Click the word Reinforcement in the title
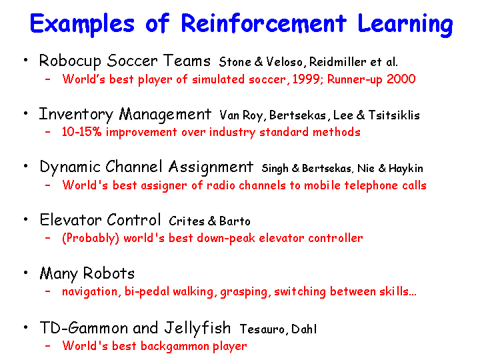tap(263, 23)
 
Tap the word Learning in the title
tap(405, 25)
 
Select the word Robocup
tap(70, 61)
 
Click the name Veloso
tap(285, 62)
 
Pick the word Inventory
tap(76, 115)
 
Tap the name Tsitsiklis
tap(394, 115)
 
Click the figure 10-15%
tap(81, 132)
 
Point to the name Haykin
tap(406, 169)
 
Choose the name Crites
tap(187, 221)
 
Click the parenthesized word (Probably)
tap(90, 238)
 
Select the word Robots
tap(109, 273)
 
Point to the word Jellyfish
tap(197, 328)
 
